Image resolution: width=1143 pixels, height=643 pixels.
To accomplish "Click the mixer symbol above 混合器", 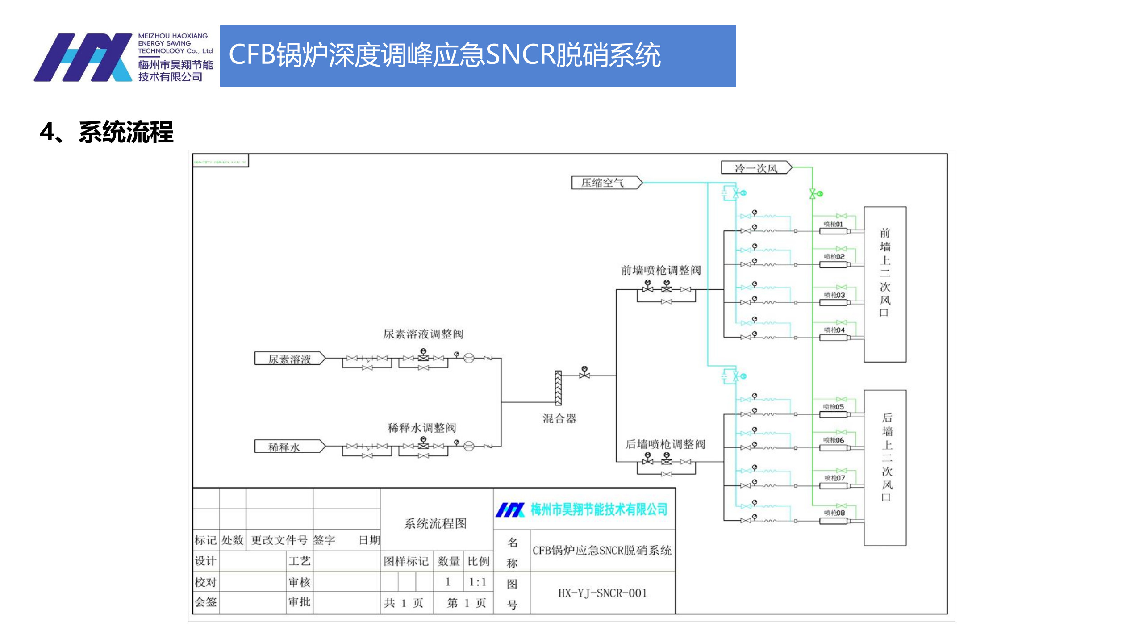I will (x=558, y=388).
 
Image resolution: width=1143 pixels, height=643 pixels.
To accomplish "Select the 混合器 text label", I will (x=559, y=418).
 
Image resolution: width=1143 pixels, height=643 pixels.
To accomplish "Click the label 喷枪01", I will (x=833, y=224).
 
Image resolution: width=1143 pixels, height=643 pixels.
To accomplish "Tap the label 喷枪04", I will (x=834, y=330).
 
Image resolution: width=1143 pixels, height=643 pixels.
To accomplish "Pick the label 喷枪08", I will (x=834, y=513).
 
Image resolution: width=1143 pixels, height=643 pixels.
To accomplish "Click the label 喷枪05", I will (x=833, y=407).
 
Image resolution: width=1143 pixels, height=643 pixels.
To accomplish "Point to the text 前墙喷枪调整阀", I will (x=661, y=270).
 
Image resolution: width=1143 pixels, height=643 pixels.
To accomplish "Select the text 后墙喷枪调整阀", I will (x=665, y=444).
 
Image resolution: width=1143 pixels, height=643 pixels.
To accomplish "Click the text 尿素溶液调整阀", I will (x=423, y=334).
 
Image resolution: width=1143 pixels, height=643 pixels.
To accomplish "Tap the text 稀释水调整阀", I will (x=421, y=428).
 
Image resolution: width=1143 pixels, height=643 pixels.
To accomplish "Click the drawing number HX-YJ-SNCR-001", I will (x=602, y=593).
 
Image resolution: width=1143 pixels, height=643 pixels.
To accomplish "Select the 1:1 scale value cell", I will (x=477, y=582).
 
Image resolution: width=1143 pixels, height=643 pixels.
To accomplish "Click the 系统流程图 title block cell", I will (x=435, y=523).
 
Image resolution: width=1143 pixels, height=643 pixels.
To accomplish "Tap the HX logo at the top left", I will (x=83, y=57).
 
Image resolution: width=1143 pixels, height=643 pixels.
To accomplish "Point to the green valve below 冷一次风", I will (x=813, y=194).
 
